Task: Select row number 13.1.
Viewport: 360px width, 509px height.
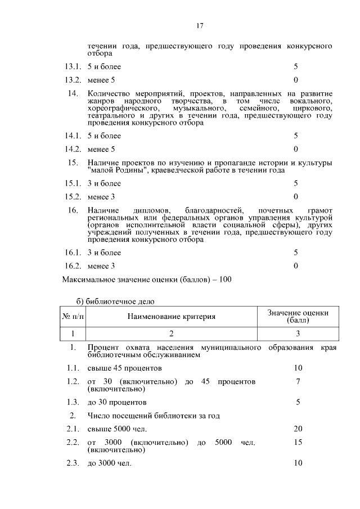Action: pyautogui.click(x=73, y=67)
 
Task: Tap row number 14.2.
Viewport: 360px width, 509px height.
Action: pyautogui.click(x=73, y=149)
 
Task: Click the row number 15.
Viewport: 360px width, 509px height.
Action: pyautogui.click(x=72, y=163)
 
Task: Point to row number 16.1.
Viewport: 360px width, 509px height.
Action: pyautogui.click(x=73, y=253)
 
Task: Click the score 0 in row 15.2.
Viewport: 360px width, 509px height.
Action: pyautogui.click(x=296, y=196)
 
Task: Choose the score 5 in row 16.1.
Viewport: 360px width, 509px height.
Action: pyautogui.click(x=296, y=253)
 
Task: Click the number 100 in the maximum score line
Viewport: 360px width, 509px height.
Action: pyautogui.click(x=226, y=279)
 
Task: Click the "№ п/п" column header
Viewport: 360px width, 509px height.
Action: pyautogui.click(x=73, y=317)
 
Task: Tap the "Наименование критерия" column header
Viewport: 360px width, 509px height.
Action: pyautogui.click(x=172, y=317)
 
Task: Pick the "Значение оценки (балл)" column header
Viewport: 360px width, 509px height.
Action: pyautogui.click(x=298, y=317)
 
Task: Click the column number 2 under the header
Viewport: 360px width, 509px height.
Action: pyautogui.click(x=172, y=333)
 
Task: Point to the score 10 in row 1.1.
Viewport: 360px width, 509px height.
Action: pyautogui.click(x=298, y=368)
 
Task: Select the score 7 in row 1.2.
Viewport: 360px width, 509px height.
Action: pyautogui.click(x=298, y=382)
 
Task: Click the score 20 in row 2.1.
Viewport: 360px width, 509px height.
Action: pyautogui.click(x=298, y=429)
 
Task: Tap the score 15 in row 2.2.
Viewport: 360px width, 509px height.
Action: pyautogui.click(x=298, y=443)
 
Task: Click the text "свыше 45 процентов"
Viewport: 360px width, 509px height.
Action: pyautogui.click(x=125, y=368)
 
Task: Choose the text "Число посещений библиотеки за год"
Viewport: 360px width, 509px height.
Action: pyautogui.click(x=154, y=416)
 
